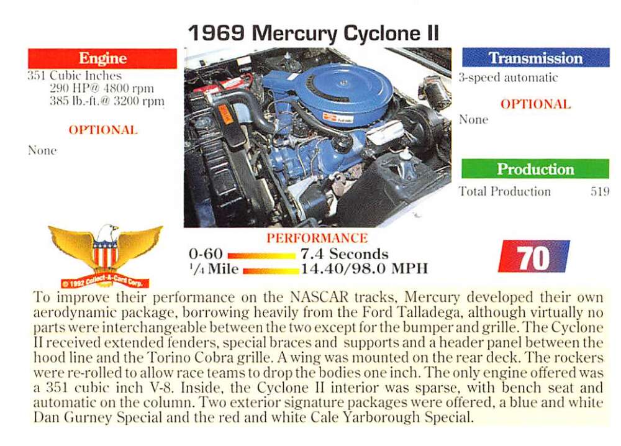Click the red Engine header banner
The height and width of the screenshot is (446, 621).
(x=102, y=58)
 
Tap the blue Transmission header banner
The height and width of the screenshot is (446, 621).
(x=535, y=58)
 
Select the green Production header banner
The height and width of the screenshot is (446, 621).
(x=535, y=169)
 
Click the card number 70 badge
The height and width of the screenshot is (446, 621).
(x=533, y=257)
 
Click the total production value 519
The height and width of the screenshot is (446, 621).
(x=600, y=191)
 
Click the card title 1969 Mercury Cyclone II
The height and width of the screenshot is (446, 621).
(x=314, y=33)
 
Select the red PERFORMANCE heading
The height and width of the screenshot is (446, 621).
(x=317, y=238)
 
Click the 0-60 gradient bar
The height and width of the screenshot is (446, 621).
(x=261, y=255)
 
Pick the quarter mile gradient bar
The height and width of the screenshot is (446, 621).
(x=271, y=271)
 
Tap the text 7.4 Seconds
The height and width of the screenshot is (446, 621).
(x=345, y=254)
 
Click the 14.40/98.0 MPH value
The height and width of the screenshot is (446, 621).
(x=365, y=269)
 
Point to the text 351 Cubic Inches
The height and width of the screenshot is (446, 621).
(x=75, y=76)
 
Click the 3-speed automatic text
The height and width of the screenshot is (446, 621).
(x=508, y=78)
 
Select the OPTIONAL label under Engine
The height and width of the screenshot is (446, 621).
(x=103, y=130)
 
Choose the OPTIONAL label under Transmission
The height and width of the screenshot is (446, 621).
(x=535, y=104)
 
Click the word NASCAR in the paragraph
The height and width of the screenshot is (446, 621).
(x=319, y=297)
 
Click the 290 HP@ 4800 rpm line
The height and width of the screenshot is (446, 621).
(x=102, y=88)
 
